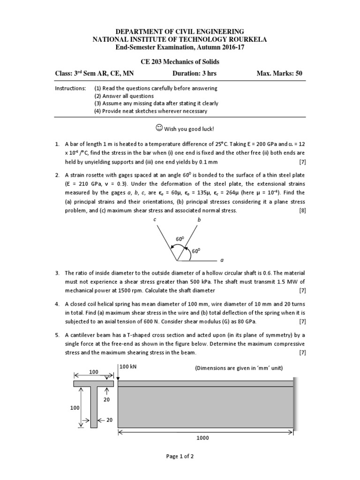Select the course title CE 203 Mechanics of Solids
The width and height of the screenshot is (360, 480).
click(x=180, y=62)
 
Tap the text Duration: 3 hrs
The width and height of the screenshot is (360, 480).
click(x=195, y=74)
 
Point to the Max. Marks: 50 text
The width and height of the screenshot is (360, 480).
click(x=279, y=74)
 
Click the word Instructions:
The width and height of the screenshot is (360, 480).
click(x=70, y=88)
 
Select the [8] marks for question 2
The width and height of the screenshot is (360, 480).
click(x=302, y=210)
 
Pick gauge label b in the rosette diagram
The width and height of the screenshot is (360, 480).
click(x=199, y=220)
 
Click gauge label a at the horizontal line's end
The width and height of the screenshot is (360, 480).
click(x=222, y=261)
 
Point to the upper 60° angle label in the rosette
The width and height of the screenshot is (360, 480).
click(x=180, y=239)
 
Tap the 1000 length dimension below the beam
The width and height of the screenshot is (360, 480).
click(x=203, y=438)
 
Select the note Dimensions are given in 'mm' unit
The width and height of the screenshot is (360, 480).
click(x=239, y=368)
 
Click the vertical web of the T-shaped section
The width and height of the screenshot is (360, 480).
click(x=94, y=406)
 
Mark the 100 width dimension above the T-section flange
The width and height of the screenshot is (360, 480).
click(x=94, y=371)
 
